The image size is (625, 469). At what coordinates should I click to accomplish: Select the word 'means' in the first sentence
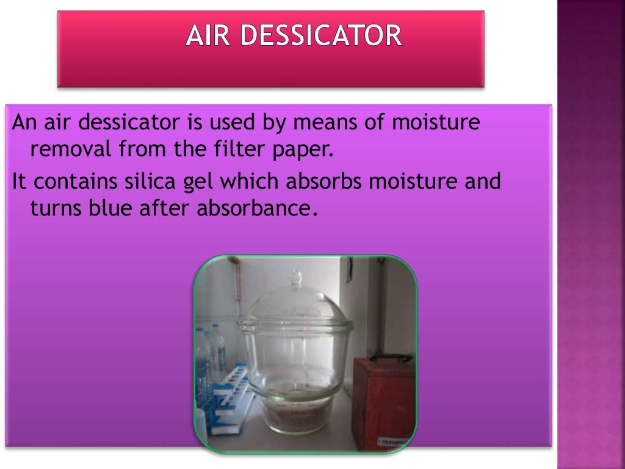[x=322, y=123]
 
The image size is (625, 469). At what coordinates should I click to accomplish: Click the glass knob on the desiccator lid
[x=295, y=278]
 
